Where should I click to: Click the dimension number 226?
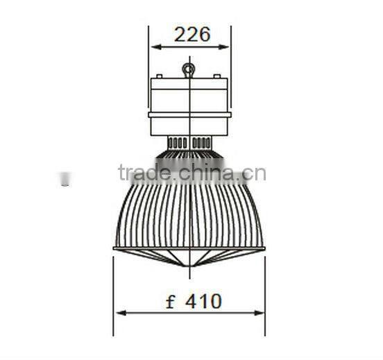(191, 35)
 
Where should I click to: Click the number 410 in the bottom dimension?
(203, 301)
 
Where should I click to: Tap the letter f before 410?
(171, 301)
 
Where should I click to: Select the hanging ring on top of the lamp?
(189, 69)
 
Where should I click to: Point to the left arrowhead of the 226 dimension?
(154, 47)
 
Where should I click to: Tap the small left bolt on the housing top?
(159, 76)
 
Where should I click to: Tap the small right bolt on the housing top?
(217, 76)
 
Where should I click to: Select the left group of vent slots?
(178, 142)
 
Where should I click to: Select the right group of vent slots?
(201, 142)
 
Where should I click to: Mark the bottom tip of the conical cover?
(189, 266)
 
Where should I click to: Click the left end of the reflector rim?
(114, 248)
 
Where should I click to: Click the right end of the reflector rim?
(264, 248)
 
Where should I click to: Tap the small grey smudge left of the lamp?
(65, 179)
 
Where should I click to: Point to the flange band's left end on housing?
(150, 114)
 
